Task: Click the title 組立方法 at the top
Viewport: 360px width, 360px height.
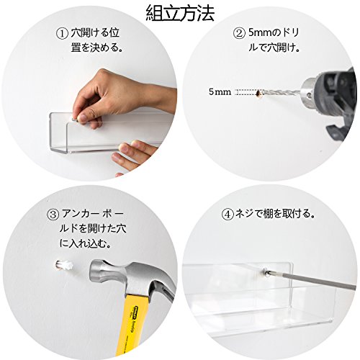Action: pos(180,14)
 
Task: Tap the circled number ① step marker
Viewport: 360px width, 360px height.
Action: pos(62,34)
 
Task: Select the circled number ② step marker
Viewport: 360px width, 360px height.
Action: pos(239,33)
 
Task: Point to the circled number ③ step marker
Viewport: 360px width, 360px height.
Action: pos(53,215)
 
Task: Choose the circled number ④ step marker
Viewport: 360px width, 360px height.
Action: pos(228,215)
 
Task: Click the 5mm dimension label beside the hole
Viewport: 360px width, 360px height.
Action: pos(220,91)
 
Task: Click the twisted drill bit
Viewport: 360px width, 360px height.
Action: pos(281,92)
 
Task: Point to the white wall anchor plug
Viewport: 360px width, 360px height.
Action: pos(64,266)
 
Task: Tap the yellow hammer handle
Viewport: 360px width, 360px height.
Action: pos(135,324)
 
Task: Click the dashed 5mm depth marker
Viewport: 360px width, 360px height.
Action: pos(246,92)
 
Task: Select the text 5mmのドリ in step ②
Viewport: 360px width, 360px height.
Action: pos(274,33)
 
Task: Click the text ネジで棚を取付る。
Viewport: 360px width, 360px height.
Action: pos(275,214)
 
